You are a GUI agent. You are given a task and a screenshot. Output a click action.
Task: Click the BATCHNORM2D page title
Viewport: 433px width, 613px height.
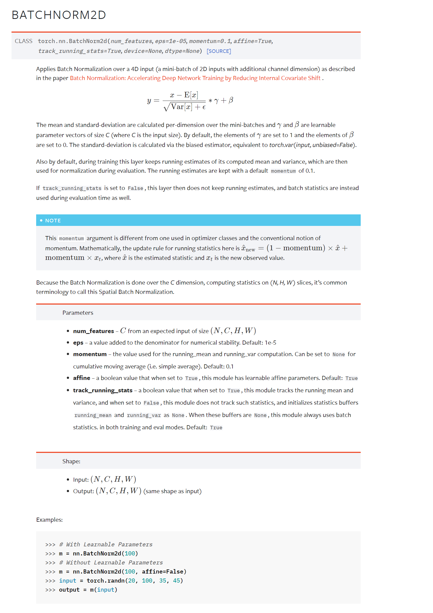pyautogui.click(x=59, y=15)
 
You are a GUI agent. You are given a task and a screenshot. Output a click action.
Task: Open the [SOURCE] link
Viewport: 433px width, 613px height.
pyautogui.click(x=219, y=51)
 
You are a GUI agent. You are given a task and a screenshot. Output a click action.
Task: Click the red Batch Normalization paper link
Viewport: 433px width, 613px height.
pyautogui.click(x=195, y=78)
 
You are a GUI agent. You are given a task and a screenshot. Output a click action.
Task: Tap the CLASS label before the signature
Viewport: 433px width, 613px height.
pyautogui.click(x=24, y=41)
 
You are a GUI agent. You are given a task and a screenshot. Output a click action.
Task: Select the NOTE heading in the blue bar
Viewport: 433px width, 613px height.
pyautogui.click(x=53, y=221)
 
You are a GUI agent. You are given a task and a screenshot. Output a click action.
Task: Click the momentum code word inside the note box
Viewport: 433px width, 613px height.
pyautogui.click(x=71, y=239)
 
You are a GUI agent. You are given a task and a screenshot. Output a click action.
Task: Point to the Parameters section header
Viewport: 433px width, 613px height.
pyautogui.click(x=78, y=313)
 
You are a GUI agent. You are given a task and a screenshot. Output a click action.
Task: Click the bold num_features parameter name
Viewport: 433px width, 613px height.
pyautogui.click(x=93, y=331)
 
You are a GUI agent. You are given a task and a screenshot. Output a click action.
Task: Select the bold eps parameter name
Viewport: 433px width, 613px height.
pyautogui.click(x=78, y=343)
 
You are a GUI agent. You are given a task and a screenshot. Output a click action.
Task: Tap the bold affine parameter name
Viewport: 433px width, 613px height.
pyautogui.click(x=82, y=378)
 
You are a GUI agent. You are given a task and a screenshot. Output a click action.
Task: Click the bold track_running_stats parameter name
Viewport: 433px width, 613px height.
pyautogui.click(x=103, y=390)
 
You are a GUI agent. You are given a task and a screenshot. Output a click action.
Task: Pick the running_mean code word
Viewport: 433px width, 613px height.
pyautogui.click(x=93, y=415)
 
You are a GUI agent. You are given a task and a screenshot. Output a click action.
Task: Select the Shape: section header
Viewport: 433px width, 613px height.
pyautogui.click(x=71, y=461)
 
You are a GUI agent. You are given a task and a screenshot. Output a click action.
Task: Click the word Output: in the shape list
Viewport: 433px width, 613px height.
pyautogui.click(x=84, y=491)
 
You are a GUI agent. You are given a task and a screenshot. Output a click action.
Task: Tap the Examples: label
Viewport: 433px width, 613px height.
pyautogui.click(x=49, y=520)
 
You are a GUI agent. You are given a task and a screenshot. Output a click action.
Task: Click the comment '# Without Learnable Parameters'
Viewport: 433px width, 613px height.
pyautogui.click(x=111, y=563)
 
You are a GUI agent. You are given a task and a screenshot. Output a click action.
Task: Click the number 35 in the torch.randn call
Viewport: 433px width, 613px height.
pyautogui.click(x=163, y=581)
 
